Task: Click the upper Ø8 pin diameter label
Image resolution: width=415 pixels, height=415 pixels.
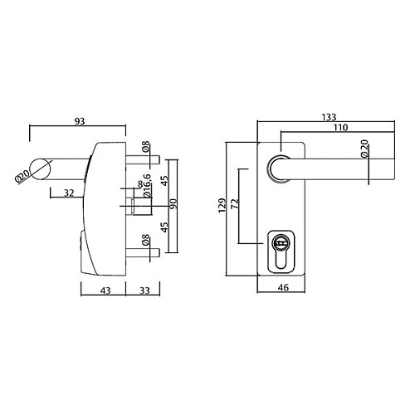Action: [145, 150]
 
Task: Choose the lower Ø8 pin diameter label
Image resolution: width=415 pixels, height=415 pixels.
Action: [145, 243]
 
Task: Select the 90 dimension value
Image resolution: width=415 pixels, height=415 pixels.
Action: [173, 203]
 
